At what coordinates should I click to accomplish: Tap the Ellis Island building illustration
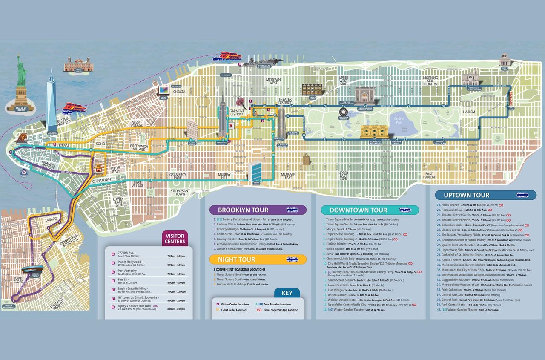tap(77, 65)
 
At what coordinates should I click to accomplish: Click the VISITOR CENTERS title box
tap(175, 239)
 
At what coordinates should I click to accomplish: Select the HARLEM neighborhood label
tap(469, 112)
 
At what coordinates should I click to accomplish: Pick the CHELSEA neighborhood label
tap(179, 92)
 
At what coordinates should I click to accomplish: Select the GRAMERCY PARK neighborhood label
tap(178, 176)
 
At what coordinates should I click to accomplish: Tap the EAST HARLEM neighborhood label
tap(429, 176)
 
